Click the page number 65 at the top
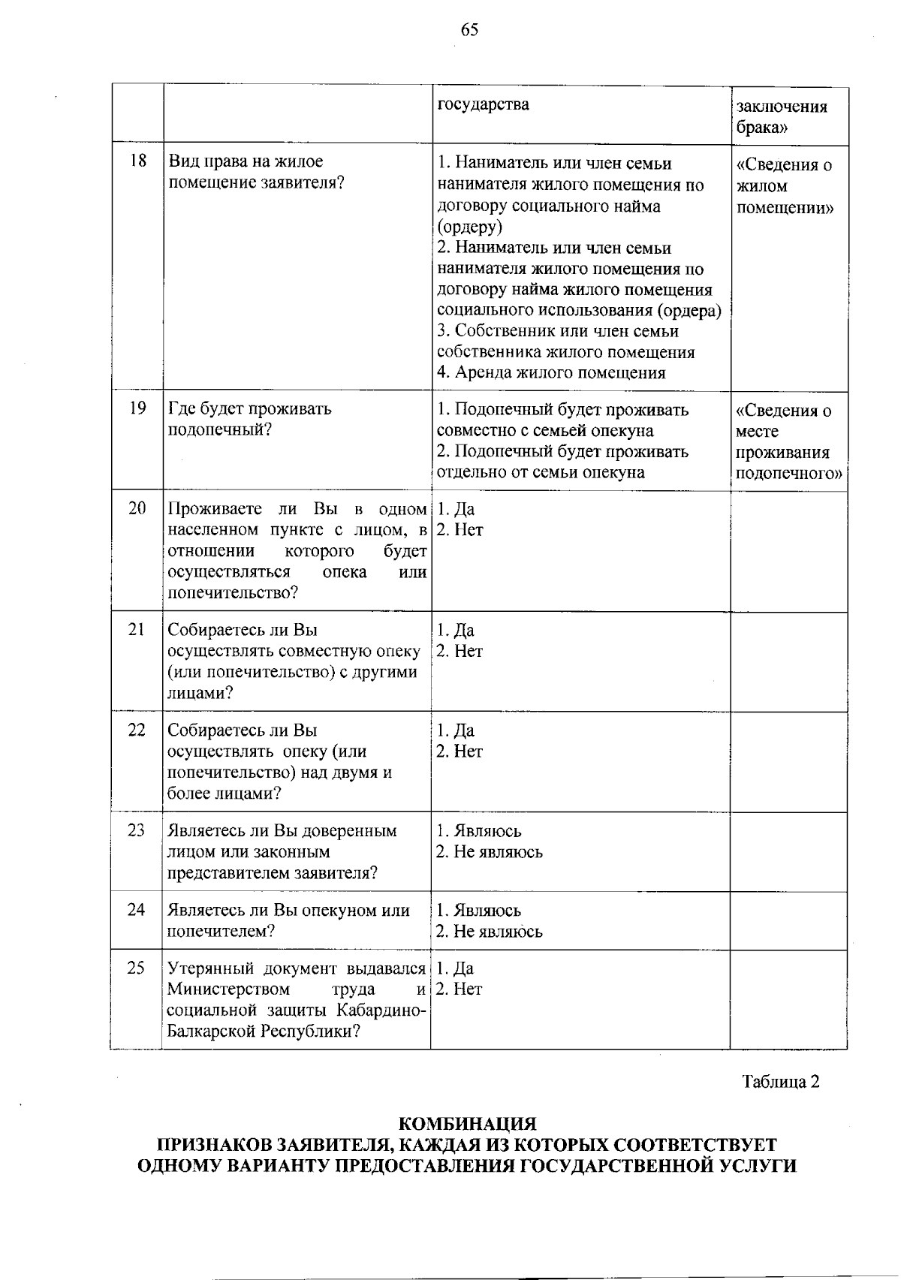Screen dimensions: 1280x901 [469, 30]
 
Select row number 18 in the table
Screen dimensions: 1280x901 [137, 161]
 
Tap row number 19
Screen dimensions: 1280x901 [137, 409]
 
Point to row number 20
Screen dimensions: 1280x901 [137, 508]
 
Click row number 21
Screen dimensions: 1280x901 [137, 630]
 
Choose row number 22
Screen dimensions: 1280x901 [137, 730]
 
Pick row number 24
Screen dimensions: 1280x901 [137, 910]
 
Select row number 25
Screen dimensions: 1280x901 [137, 968]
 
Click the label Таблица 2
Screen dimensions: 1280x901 [780, 1082]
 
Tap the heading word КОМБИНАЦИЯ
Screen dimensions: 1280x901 [467, 1125]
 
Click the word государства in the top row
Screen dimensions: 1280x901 [483, 104]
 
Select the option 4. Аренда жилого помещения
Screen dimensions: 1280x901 [551, 373]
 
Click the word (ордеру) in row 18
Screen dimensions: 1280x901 [470, 227]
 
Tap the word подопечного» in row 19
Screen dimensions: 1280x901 [789, 474]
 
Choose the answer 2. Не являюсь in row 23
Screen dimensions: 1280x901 [490, 852]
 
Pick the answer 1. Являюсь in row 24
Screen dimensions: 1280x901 [479, 911]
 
